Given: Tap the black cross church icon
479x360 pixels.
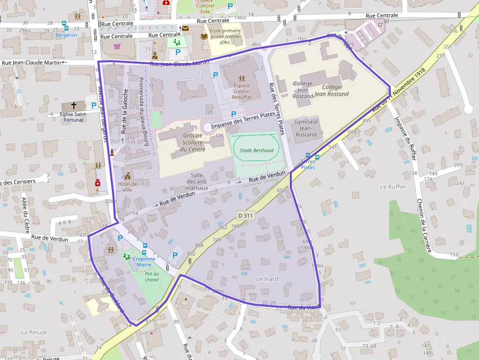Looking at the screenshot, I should tap(74, 105).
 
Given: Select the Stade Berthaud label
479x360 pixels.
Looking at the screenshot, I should tap(256, 150).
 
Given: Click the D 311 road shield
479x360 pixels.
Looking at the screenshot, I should tap(246, 215).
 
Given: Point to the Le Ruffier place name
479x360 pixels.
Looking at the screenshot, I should tap(393, 187).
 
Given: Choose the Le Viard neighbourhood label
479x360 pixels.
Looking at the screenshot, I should tap(267, 279).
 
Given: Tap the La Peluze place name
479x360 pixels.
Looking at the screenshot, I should tap(34, 332).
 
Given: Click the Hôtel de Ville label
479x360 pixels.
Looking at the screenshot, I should tap(127, 187).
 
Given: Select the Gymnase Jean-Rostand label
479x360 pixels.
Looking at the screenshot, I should tap(306, 128).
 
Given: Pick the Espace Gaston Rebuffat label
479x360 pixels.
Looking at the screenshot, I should tap(241, 91).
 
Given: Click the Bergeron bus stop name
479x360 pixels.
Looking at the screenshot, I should tap(66, 35).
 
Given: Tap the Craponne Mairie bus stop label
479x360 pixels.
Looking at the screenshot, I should tap(144, 262).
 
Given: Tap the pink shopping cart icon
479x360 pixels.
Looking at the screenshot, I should tap(117, 47).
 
